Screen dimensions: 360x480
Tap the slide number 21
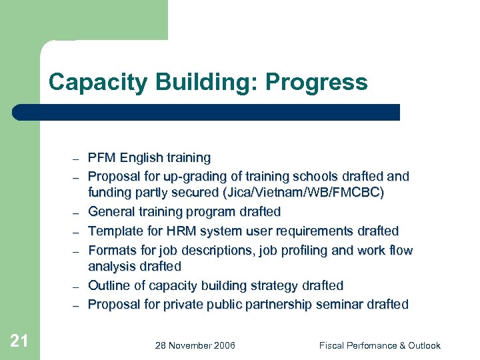coord(19,341)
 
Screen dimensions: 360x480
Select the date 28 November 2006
coord(195,345)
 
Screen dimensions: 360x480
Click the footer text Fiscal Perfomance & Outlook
coord(379,345)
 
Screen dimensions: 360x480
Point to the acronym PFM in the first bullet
coord(101,158)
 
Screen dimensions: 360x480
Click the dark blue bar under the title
coord(207,112)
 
